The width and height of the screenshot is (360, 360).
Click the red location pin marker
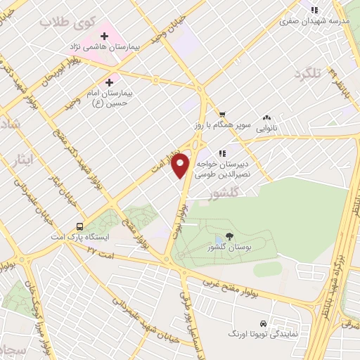pos(181,165)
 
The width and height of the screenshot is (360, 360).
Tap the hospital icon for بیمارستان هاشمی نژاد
pos(103,34)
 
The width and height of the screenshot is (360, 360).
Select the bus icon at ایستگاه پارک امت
pos(79,227)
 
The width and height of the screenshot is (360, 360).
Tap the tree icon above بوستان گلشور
pos(229,238)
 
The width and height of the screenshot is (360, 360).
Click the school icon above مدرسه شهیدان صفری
pos(314,10)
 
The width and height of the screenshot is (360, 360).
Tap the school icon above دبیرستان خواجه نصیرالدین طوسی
pos(221,153)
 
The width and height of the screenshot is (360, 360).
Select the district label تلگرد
pos(312,74)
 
